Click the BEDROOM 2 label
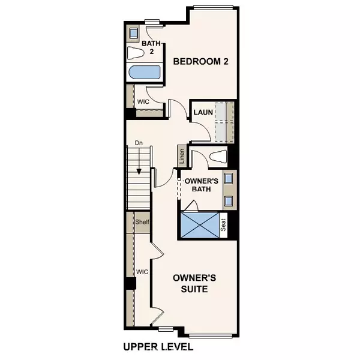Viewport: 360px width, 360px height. (x=201, y=61)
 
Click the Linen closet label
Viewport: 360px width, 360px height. (x=181, y=155)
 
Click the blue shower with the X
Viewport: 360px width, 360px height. (x=199, y=225)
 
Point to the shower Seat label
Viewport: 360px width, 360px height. (x=224, y=226)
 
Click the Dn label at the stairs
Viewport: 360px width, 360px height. (x=138, y=143)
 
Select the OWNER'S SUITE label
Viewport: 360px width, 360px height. (x=190, y=283)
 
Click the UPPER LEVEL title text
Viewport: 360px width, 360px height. (x=158, y=347)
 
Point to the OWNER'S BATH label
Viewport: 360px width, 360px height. (x=200, y=185)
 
